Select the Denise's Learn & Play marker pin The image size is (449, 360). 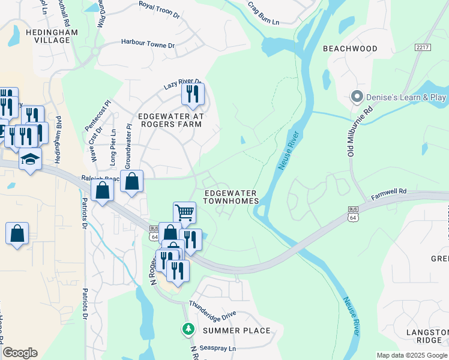click(x=357, y=97)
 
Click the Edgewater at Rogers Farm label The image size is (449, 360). click(x=171, y=120)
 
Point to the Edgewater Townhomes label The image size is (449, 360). click(x=231, y=197)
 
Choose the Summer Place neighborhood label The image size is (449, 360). click(x=236, y=331)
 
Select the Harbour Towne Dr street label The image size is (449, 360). click(x=148, y=44)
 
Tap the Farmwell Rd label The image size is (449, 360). click(x=389, y=193)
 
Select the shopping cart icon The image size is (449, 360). click(x=185, y=212)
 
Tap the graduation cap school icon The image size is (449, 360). click(x=29, y=160)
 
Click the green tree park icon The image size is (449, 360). click(x=188, y=329)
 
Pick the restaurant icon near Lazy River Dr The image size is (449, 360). click(x=193, y=94)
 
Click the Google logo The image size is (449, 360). click(x=20, y=353)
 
